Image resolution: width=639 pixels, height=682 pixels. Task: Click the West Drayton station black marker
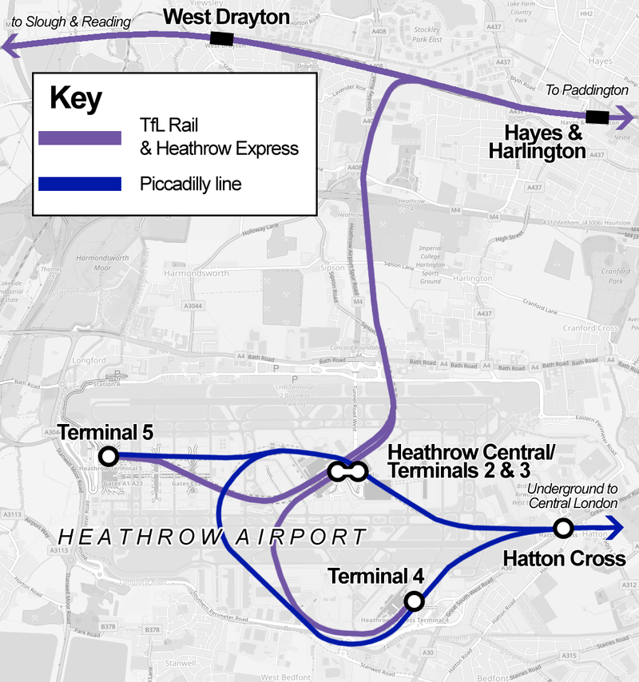point(221,39)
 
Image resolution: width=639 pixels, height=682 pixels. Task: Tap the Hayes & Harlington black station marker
point(597,118)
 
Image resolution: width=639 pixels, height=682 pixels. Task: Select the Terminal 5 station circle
point(108,457)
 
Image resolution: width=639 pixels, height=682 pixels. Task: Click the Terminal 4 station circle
point(414,601)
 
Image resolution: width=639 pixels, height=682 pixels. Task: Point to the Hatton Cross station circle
point(563,528)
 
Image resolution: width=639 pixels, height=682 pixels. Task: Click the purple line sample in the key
point(80,137)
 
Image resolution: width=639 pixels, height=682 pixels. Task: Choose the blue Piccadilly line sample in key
point(80,184)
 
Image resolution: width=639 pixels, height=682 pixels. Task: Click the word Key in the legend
point(76,98)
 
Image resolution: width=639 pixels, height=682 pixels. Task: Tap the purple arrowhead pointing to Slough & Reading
point(10,48)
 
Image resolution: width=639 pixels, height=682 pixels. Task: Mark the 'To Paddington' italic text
point(585,90)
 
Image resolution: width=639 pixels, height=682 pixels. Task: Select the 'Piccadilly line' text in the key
point(190,184)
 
